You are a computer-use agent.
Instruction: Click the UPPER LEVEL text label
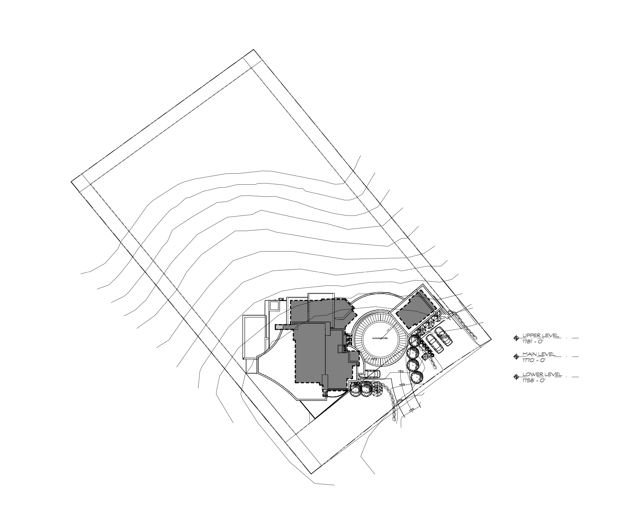(541, 335)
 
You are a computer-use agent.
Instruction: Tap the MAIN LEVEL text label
(539, 354)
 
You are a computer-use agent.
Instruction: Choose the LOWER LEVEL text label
(541, 374)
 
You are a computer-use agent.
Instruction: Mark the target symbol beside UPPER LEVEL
(516, 338)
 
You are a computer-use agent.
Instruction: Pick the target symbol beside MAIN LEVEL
(516, 357)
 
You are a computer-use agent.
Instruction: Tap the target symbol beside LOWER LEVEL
(516, 377)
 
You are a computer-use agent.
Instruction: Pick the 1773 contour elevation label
(402, 385)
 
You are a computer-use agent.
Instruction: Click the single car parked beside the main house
(370, 374)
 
